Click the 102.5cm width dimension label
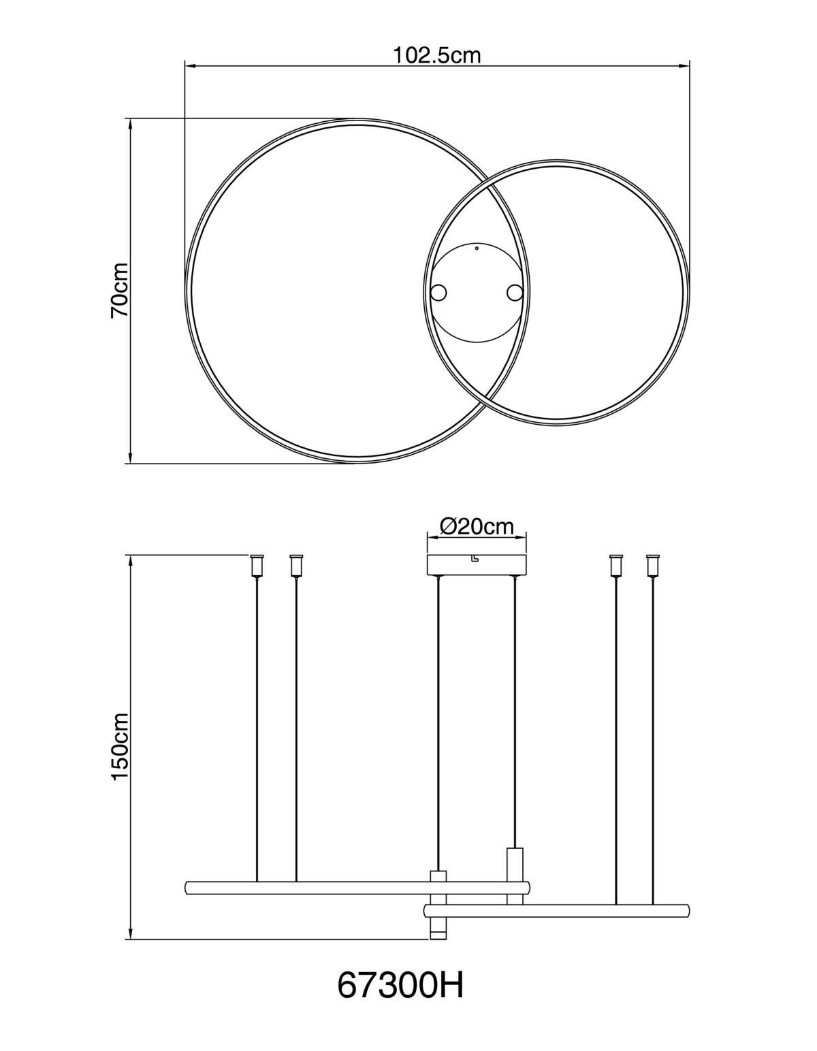click(x=436, y=56)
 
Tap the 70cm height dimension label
click(x=119, y=290)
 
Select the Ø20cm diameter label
click(x=477, y=526)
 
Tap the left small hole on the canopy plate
click(x=438, y=293)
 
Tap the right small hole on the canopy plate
click(x=515, y=293)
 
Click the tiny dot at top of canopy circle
click(x=477, y=248)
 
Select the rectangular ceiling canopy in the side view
click(x=477, y=566)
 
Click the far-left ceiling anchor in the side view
click(x=257, y=566)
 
